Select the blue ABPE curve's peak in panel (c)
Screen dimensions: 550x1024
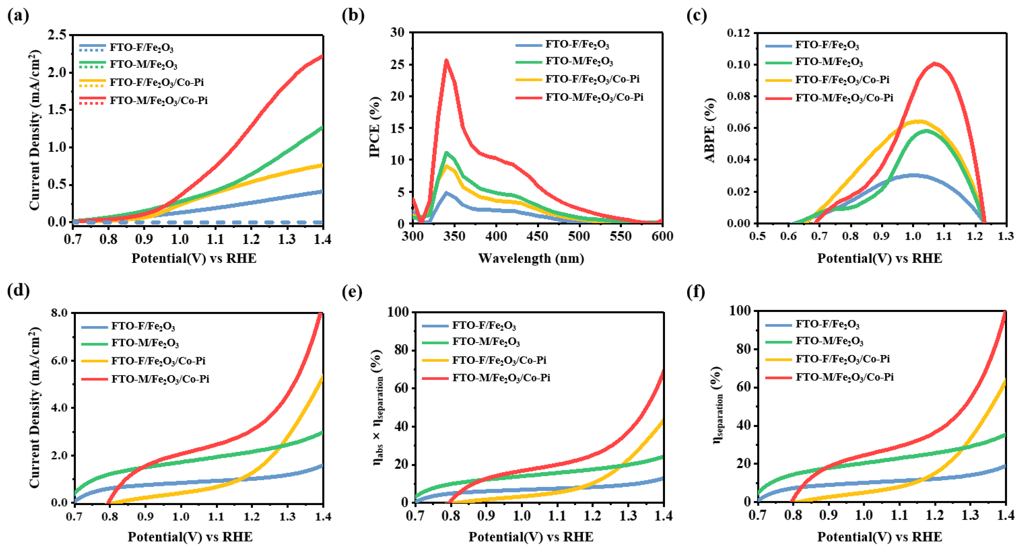(x=914, y=175)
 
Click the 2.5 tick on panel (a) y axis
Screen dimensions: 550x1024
(x=58, y=35)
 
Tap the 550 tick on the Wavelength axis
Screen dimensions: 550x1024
(x=620, y=236)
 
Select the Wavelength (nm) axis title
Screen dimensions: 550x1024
(x=531, y=258)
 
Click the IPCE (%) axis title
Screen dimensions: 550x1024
(x=375, y=127)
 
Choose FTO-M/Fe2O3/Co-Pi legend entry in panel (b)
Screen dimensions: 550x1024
(x=594, y=97)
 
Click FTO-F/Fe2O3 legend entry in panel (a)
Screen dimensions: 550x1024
(x=141, y=48)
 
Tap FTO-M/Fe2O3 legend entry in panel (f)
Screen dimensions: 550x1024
(x=829, y=341)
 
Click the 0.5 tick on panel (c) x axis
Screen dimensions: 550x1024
(x=758, y=236)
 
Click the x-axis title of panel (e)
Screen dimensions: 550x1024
(x=531, y=537)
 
